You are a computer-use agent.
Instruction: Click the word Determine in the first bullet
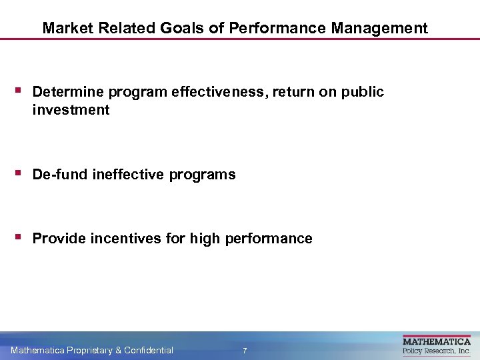(67, 92)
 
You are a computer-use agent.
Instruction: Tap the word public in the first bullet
(363, 92)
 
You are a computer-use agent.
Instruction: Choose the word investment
(71, 110)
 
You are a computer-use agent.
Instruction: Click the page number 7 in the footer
(245, 351)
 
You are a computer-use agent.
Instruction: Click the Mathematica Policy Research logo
(437, 345)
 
